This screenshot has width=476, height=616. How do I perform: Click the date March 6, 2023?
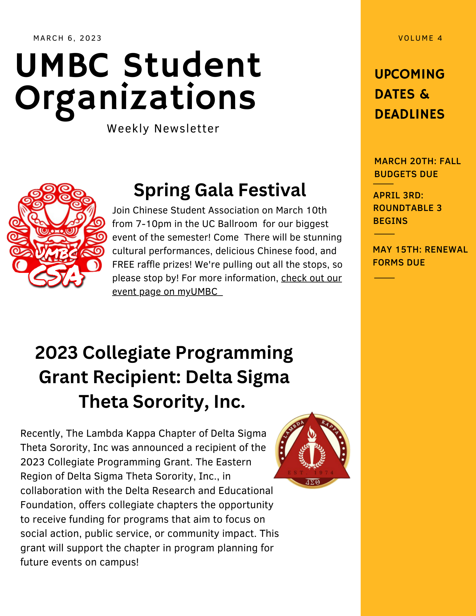(x=67, y=38)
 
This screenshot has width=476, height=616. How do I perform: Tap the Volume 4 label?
(x=420, y=38)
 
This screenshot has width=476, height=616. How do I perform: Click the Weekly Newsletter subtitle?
(x=163, y=129)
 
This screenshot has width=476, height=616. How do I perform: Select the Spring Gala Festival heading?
(x=220, y=190)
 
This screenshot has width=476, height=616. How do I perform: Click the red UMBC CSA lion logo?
(x=56, y=236)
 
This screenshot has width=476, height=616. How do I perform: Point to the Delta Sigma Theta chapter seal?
(x=312, y=450)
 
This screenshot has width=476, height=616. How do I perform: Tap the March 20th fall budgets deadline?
(x=417, y=168)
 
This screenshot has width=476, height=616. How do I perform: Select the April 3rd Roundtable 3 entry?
(x=407, y=208)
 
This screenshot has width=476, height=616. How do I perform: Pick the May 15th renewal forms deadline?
(x=420, y=256)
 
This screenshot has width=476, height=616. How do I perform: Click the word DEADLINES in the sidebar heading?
(x=409, y=114)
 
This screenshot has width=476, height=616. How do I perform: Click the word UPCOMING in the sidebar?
(x=409, y=74)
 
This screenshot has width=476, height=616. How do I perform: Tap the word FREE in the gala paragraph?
(x=123, y=265)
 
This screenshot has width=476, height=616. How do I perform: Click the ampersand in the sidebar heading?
(x=424, y=94)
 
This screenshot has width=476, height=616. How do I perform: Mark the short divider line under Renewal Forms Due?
(x=384, y=278)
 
